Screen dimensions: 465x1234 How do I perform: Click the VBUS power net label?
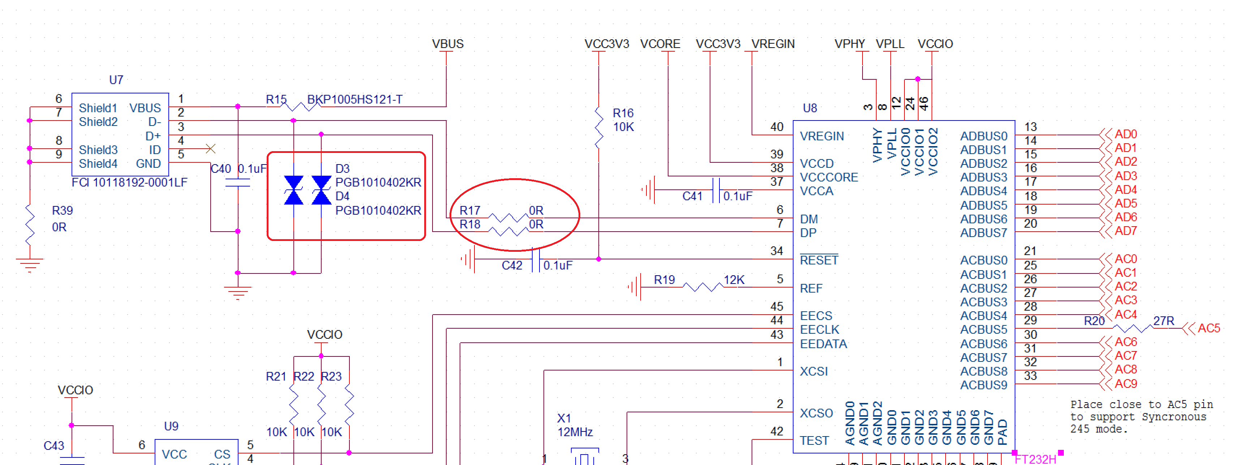tap(447, 44)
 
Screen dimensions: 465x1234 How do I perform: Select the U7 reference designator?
tap(116, 80)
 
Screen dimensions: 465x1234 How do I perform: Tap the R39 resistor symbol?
tap(30, 224)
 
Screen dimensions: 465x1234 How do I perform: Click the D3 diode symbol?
tap(293, 190)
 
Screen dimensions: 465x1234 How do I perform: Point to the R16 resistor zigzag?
tap(599, 127)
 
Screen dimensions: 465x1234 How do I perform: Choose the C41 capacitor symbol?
tap(716, 190)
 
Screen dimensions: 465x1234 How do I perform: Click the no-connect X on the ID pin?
tap(210, 149)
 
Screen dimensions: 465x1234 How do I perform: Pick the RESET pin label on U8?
tap(819, 260)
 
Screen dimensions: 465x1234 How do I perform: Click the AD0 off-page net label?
tap(1125, 135)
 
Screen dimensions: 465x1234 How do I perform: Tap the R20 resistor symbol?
tap(1132, 329)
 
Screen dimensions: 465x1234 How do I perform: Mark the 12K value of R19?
tap(734, 280)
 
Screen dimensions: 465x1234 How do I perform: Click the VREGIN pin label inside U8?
tap(822, 136)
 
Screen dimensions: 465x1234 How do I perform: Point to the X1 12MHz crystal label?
tap(575, 425)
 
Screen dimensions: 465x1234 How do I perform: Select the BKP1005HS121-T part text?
tap(354, 100)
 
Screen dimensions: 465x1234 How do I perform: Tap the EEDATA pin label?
tap(823, 344)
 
